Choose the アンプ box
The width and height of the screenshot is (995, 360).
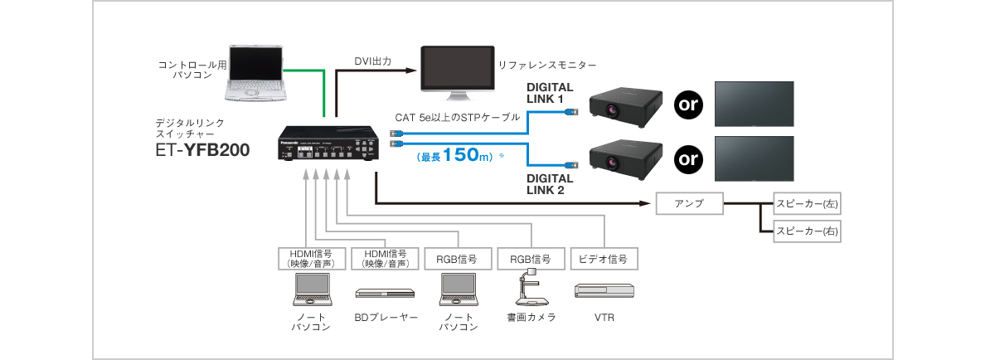(x=689, y=203)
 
